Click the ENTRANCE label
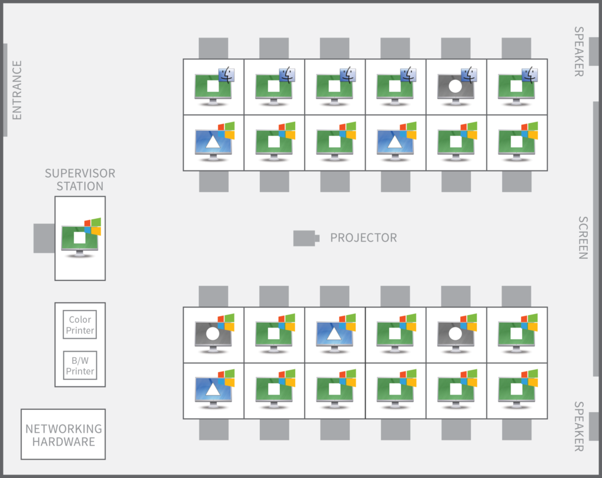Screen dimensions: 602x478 coord(17,90)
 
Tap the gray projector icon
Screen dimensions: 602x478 coord(306,239)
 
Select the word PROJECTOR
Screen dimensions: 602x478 coord(363,238)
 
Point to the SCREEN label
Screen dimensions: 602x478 coord(583,238)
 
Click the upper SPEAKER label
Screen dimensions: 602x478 coord(579,52)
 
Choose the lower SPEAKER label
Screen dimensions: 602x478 coord(579,426)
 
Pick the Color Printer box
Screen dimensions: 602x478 coord(80,325)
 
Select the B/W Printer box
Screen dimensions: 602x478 coord(80,366)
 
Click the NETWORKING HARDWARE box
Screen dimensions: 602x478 coord(63,434)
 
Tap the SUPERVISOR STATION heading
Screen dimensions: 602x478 coord(80,180)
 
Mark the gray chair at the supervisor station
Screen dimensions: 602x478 coord(44,239)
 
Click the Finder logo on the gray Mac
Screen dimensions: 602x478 coord(469,75)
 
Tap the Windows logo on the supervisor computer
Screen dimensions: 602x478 coord(93,226)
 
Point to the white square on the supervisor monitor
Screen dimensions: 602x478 coord(79,238)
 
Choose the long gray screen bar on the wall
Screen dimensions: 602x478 coord(596,239)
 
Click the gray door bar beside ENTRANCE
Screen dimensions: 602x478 coord(5,90)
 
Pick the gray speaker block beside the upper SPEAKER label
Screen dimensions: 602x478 coord(594,52)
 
